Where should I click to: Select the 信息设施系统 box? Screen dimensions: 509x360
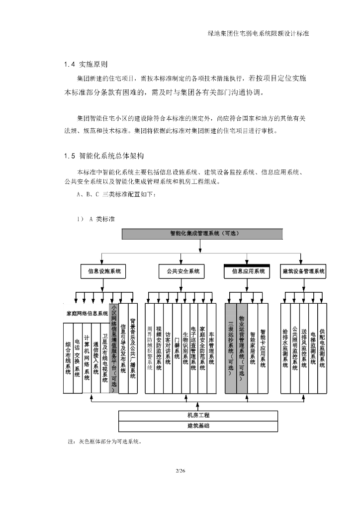click(x=104, y=271)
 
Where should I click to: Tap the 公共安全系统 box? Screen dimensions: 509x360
click(x=180, y=271)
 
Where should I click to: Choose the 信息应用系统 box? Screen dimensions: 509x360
click(x=248, y=271)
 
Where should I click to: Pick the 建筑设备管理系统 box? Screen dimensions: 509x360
click(x=303, y=271)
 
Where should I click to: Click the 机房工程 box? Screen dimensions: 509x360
click(x=198, y=416)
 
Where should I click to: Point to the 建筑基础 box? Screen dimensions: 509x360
click(x=198, y=426)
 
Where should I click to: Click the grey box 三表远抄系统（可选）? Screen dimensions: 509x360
click(x=231, y=348)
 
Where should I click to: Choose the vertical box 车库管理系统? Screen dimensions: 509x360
click(x=211, y=348)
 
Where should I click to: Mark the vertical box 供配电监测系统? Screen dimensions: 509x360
click(x=322, y=348)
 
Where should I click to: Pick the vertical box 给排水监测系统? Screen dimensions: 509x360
click(x=285, y=348)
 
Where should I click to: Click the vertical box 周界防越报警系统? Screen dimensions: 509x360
click(x=150, y=348)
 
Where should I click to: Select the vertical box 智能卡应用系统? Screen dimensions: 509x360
click(x=263, y=348)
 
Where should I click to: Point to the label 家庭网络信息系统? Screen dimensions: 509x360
click(x=87, y=314)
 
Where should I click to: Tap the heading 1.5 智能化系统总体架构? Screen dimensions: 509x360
click(x=104, y=156)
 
